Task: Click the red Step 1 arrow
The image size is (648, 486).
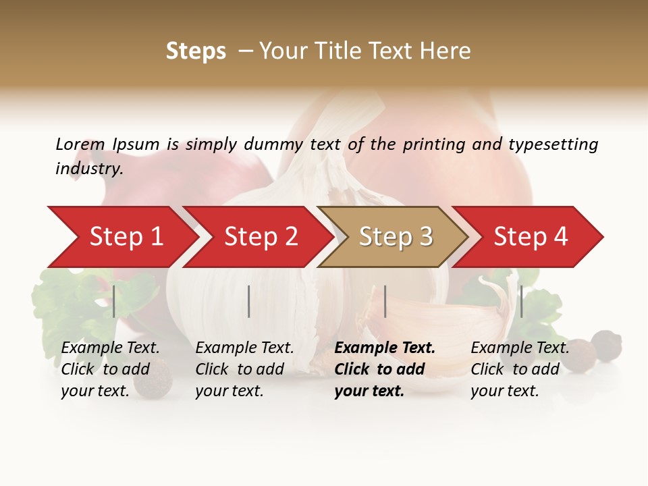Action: click(x=122, y=237)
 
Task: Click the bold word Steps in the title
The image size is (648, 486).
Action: click(x=196, y=51)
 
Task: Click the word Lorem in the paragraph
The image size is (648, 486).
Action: click(x=80, y=144)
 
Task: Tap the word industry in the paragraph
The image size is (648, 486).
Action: click(x=88, y=169)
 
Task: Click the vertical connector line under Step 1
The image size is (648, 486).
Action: click(x=114, y=301)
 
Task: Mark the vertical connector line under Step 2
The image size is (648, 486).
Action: click(x=249, y=301)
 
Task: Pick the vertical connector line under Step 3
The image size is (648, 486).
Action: click(x=385, y=301)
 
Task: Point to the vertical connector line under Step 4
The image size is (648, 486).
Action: click(x=521, y=301)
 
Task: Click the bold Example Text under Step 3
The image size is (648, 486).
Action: click(x=385, y=348)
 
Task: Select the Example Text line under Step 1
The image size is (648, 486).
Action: click(x=110, y=348)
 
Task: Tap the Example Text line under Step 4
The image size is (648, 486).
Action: click(x=520, y=348)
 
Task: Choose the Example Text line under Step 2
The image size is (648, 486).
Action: click(x=244, y=348)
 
